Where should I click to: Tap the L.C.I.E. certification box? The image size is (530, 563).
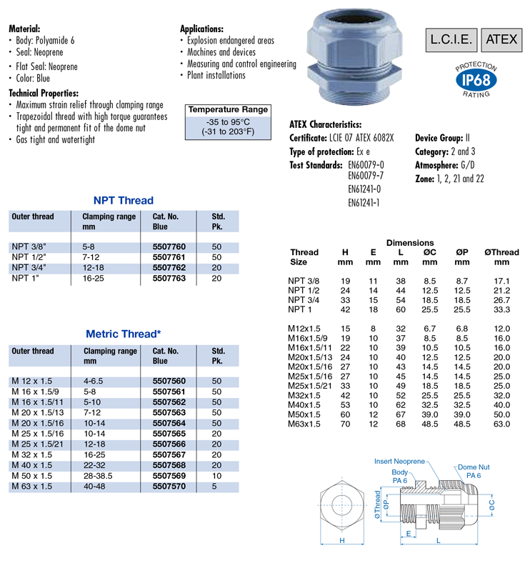[451, 39]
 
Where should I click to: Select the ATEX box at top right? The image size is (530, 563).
[500, 39]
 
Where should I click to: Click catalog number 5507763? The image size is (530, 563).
[169, 277]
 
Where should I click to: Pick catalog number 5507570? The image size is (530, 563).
[169, 486]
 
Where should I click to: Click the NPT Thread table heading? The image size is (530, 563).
[124, 200]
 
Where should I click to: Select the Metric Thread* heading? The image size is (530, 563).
[124, 334]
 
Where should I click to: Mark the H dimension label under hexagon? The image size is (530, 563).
[343, 541]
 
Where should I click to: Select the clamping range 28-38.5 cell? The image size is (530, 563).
[101, 476]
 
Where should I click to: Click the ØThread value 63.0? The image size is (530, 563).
[501, 424]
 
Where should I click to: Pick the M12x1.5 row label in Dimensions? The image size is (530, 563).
[303, 327]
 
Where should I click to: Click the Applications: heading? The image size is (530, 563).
[202, 29]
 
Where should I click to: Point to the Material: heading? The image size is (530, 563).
[29, 29]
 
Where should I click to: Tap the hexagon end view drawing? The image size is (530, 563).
[343, 509]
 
